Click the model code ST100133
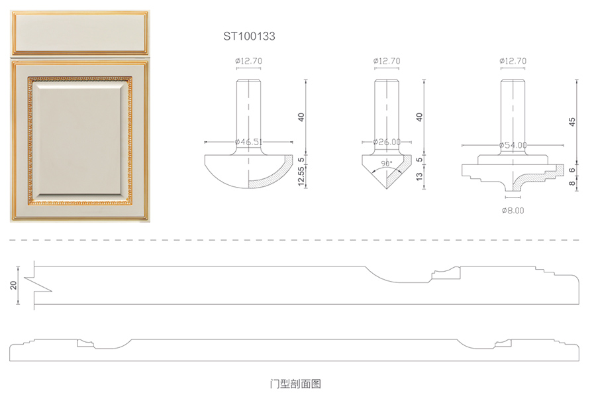248,37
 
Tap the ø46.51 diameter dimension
249,142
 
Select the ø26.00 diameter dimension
387,142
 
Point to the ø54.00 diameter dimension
513,145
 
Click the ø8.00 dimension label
513,209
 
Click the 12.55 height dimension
301,176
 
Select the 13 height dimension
420,176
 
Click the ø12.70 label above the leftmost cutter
248,61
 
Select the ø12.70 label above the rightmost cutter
513,61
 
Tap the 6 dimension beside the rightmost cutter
572,170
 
